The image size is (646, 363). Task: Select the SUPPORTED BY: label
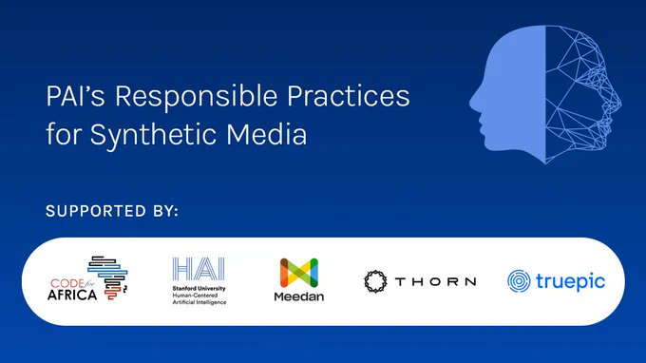click(x=112, y=211)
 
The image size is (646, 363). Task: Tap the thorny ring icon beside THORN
click(x=376, y=281)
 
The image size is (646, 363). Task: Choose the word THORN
click(x=436, y=281)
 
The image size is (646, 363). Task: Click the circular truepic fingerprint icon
click(x=519, y=281)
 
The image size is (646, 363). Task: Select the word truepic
click(x=568, y=281)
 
